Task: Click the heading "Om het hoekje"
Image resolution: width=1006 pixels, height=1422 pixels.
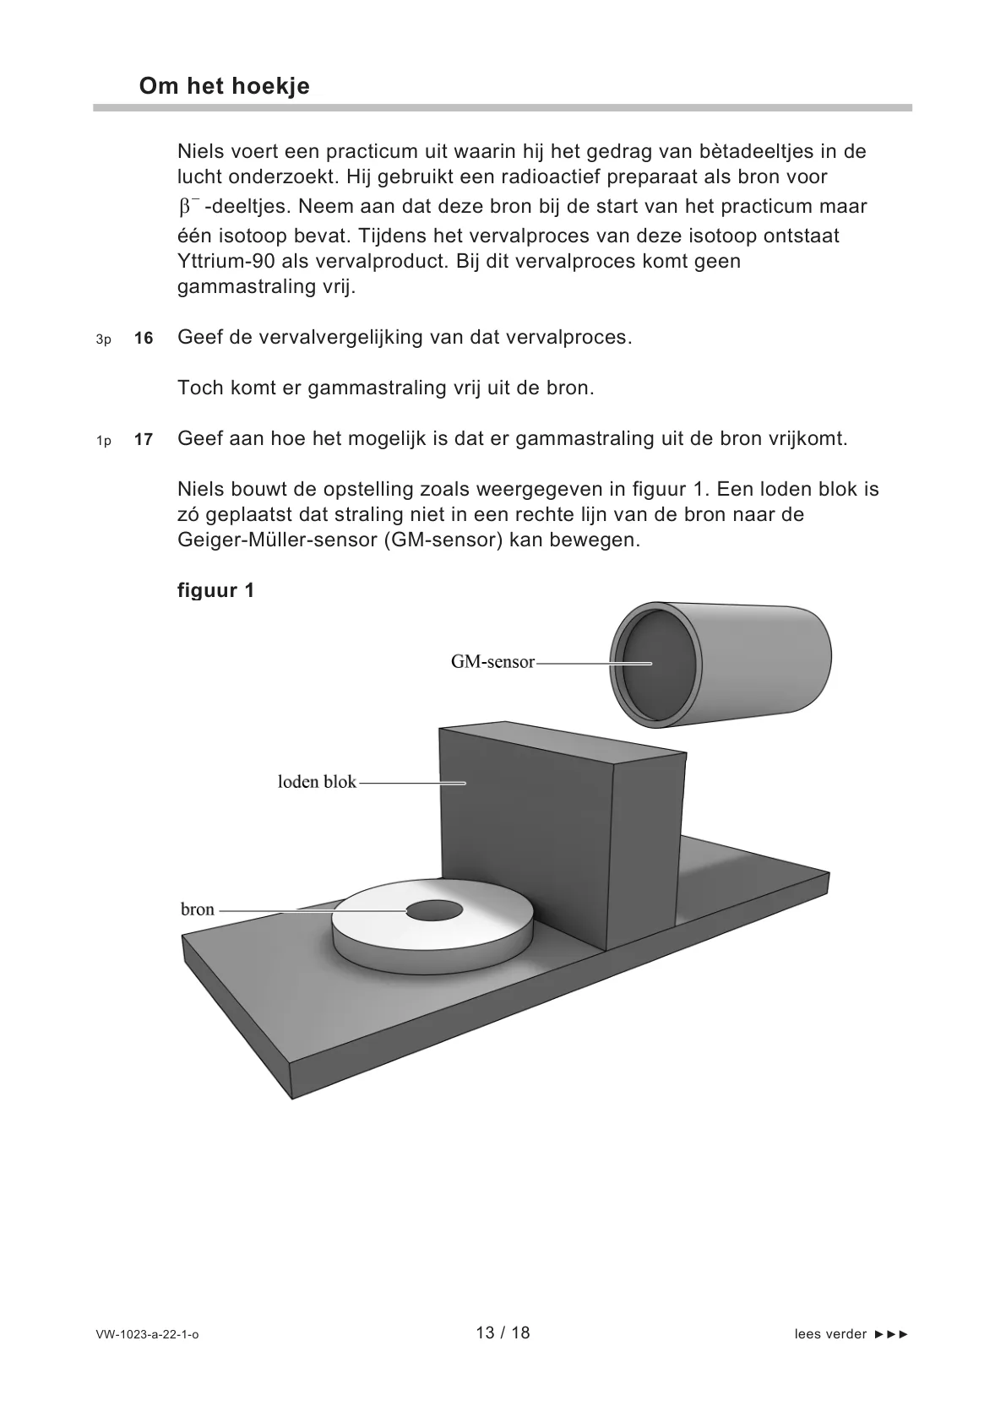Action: (x=224, y=86)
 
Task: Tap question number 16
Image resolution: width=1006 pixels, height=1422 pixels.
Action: (x=144, y=339)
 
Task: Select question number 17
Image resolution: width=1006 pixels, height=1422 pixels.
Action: (x=144, y=440)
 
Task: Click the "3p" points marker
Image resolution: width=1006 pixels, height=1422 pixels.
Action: (x=103, y=339)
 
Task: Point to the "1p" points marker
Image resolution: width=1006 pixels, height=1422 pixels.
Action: (x=103, y=441)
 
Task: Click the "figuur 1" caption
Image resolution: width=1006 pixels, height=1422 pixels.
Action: (x=215, y=590)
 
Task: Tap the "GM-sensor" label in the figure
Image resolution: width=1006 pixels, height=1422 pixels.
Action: (x=492, y=662)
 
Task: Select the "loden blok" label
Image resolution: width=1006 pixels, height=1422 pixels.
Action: (x=317, y=782)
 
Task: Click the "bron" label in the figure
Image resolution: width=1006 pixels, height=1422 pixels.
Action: (x=198, y=909)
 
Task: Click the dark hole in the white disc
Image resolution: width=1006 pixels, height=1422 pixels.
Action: (x=435, y=911)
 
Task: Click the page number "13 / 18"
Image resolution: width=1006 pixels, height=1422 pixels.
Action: (x=503, y=1332)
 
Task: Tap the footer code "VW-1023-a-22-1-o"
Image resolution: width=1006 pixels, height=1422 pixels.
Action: (x=147, y=1335)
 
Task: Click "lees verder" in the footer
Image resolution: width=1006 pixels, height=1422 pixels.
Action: (x=830, y=1334)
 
